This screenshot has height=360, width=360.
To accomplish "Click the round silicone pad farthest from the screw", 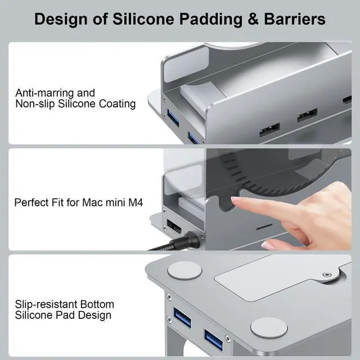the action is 184,271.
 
